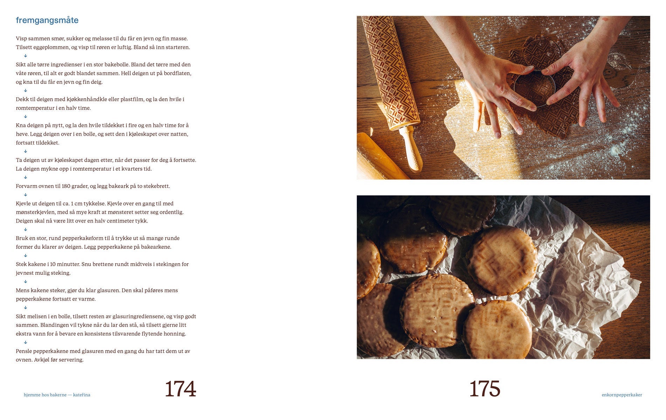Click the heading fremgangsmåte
[x=47, y=20]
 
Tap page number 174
[x=180, y=389]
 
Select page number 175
[x=485, y=389]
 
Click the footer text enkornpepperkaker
[x=622, y=395]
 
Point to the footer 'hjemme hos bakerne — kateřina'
[x=57, y=395]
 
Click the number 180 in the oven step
[x=66, y=186]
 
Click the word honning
[x=175, y=334]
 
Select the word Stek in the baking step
[x=21, y=264]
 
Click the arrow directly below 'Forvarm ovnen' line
[x=26, y=195]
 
